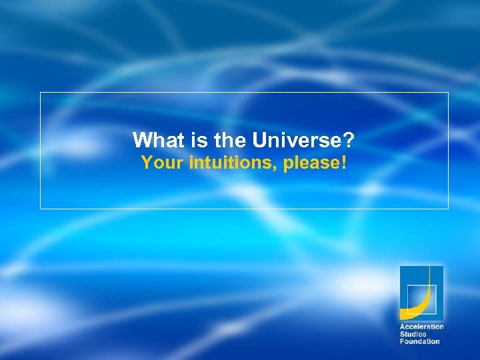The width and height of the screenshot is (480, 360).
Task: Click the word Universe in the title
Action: [295, 140]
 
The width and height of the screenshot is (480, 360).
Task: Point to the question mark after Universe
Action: [348, 140]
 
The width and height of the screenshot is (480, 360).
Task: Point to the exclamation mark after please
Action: [343, 163]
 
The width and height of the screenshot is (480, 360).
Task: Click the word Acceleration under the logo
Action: [421, 327]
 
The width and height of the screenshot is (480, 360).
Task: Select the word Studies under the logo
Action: [413, 334]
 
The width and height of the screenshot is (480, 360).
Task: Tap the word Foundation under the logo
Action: [419, 341]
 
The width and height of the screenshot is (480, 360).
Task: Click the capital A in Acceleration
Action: [402, 327]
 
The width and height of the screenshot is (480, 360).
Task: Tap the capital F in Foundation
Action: [402, 341]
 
